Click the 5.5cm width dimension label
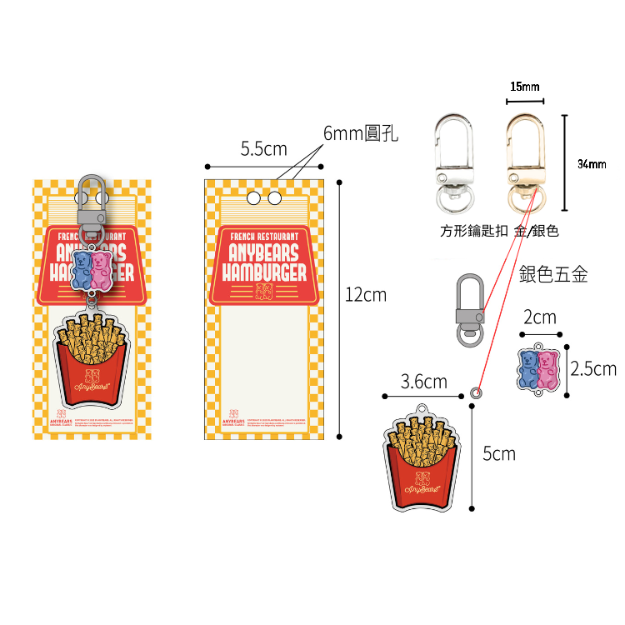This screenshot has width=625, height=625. click(x=263, y=149)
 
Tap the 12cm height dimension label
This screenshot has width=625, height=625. click(x=366, y=294)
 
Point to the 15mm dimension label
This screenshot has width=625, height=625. click(x=525, y=87)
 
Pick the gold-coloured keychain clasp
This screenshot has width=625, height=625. click(x=523, y=163)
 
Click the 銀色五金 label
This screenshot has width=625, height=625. click(x=553, y=274)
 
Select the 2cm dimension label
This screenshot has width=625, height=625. click(x=540, y=317)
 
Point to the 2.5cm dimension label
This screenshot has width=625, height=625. click(x=592, y=368)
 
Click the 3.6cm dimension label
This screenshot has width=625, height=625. click(x=423, y=382)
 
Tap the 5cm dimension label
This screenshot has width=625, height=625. click(x=499, y=453)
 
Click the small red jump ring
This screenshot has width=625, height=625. click(x=477, y=391)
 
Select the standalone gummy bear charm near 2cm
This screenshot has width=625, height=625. click(x=538, y=369)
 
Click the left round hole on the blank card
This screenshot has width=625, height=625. click(x=253, y=198)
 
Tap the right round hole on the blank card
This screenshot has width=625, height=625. click(x=272, y=198)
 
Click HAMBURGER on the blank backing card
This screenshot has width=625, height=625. click(x=263, y=272)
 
